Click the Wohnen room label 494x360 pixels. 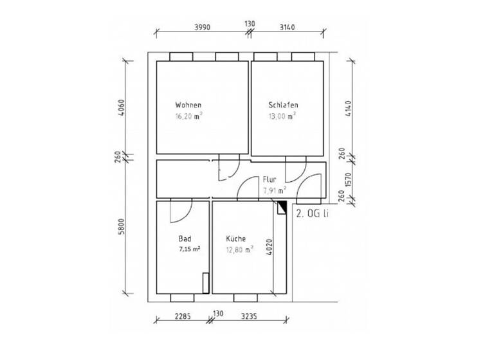[x=188, y=105]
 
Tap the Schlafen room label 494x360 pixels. [x=283, y=105]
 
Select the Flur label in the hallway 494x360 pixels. [x=270, y=179]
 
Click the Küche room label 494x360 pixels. [x=236, y=239]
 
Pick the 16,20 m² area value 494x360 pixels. [x=188, y=117]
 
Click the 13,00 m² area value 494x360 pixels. [x=282, y=117]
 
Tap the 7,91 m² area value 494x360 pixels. [x=275, y=190]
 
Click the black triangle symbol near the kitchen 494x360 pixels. [x=282, y=206]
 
